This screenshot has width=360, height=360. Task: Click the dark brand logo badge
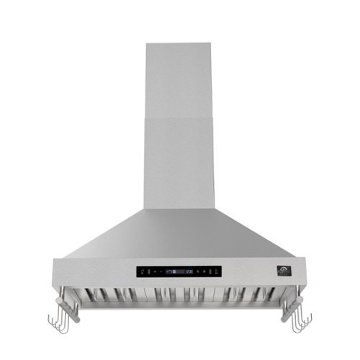pyautogui.click(x=280, y=271)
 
